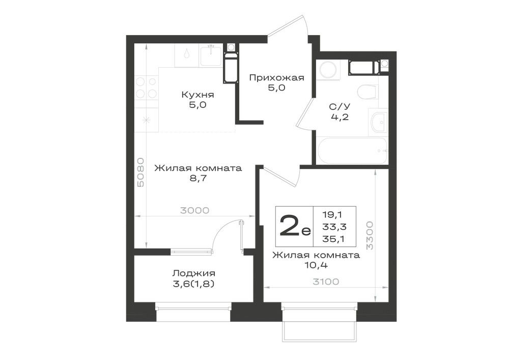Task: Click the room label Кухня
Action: coord(197,95)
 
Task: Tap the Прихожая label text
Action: coord(276,77)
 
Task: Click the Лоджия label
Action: coord(194,273)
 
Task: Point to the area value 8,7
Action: coord(199,178)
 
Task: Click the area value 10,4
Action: coord(316,265)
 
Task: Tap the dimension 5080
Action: coord(140,172)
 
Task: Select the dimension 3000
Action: coord(195,210)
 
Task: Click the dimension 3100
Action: coord(326,282)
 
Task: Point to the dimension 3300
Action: coord(370,235)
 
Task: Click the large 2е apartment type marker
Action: coord(295,226)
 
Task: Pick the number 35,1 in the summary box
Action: coord(333,239)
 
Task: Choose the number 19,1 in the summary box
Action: coord(333,214)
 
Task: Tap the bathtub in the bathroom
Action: coord(352,151)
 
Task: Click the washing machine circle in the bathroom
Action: coord(328,69)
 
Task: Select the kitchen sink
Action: coord(211,56)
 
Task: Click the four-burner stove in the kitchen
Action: coord(146,88)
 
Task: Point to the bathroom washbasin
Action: coord(378,122)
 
